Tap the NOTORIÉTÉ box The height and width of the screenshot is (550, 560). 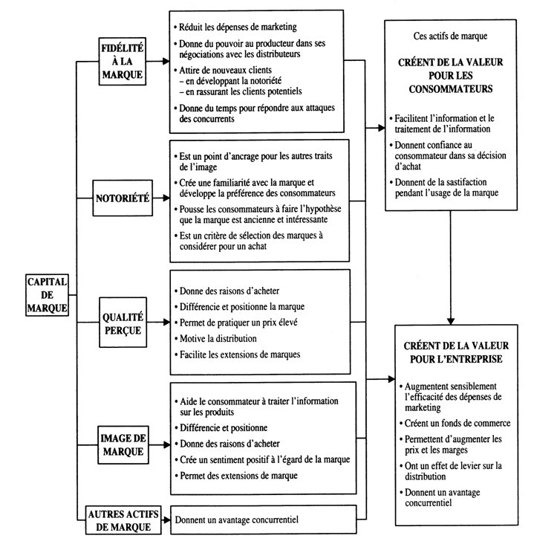tap(123, 199)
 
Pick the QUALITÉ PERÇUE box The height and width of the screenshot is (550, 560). tap(123, 323)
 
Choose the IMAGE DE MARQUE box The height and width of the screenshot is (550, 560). tap(123, 441)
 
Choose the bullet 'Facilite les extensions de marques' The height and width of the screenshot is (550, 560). tap(239, 355)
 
